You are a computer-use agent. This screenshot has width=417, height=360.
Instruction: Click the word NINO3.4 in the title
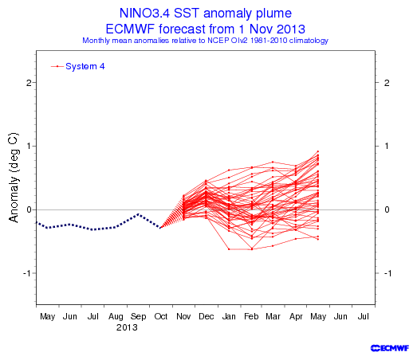[x=144, y=13]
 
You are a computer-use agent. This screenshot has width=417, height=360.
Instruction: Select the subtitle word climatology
[x=309, y=41]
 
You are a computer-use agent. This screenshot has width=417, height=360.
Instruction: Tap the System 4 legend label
[x=85, y=66]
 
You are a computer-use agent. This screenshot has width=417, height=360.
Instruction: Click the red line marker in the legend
[x=57, y=66]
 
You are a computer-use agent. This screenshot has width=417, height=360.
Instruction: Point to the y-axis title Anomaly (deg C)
[x=14, y=177]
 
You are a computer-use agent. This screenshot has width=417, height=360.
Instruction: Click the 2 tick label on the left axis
[x=29, y=83]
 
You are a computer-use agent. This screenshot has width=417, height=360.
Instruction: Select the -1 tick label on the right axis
[x=387, y=273]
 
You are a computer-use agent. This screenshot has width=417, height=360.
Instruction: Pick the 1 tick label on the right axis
[x=387, y=146]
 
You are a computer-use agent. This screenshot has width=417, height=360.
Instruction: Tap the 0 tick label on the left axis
[x=29, y=209]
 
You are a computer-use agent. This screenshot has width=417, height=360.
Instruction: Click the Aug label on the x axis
[x=116, y=317]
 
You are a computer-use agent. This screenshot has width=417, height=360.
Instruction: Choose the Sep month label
[x=138, y=317]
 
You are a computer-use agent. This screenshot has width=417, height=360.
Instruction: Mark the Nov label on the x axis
[x=183, y=316]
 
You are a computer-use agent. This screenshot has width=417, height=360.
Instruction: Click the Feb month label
[x=251, y=316]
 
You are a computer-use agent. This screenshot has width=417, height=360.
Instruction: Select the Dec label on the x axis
[x=206, y=316]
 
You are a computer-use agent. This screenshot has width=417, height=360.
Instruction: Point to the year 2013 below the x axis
[x=127, y=327]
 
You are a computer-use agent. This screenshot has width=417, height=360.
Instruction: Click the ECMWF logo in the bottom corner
[x=390, y=348]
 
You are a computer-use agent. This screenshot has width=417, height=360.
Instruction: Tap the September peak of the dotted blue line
[x=138, y=214]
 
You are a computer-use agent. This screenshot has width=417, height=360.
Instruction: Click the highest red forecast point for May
[x=318, y=151]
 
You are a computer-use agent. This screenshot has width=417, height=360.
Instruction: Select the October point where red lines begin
[x=160, y=228]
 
